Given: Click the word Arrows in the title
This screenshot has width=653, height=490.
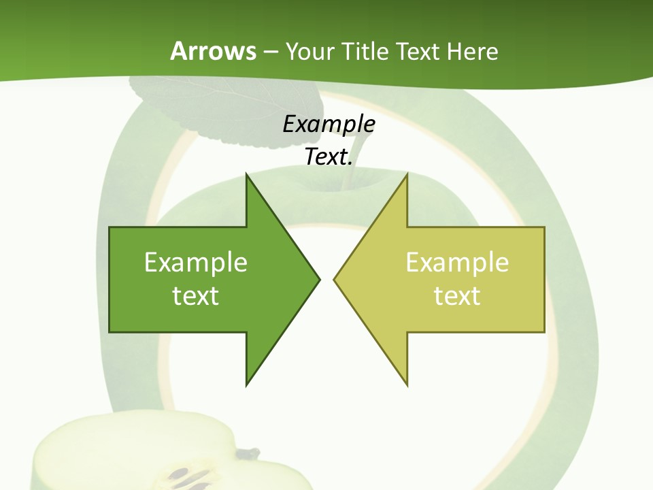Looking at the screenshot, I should point(213,51).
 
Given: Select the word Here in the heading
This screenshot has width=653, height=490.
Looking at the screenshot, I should point(472,51).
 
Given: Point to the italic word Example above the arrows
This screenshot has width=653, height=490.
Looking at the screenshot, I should point(329,125).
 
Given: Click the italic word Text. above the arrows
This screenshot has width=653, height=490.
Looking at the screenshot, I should point(329,157).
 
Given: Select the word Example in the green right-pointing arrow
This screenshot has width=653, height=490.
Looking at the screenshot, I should point(196,262).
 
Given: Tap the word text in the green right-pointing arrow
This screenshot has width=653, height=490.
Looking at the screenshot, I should point(196,296).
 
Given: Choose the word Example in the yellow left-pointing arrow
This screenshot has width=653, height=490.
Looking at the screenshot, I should point(457,262).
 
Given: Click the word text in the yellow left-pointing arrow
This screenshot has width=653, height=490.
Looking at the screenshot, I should point(457,296).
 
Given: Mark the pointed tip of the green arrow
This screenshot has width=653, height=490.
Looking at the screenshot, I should point(319,278).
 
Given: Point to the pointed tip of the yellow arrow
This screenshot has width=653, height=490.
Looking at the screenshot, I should point(334,278).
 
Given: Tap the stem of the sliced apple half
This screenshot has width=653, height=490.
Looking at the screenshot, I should point(249,453).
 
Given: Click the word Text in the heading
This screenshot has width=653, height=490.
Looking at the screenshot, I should point(418,51).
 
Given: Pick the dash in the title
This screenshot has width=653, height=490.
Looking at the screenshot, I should point(270,52).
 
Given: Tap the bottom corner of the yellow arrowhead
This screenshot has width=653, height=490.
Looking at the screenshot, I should point(407,385).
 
